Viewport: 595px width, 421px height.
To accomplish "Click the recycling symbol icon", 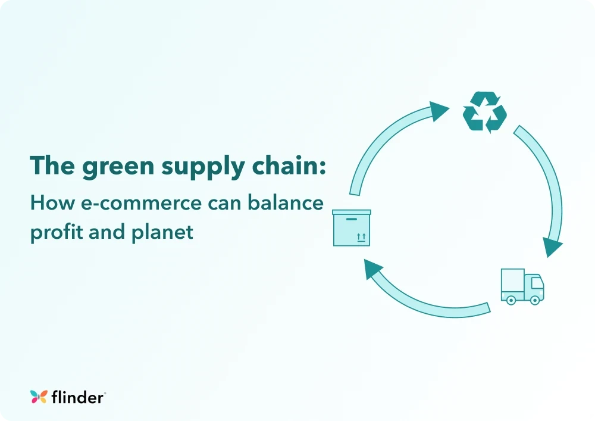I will [x=485, y=111].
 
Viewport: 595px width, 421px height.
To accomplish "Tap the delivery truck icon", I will [x=522, y=286].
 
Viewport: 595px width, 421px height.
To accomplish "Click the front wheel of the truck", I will [x=534, y=300].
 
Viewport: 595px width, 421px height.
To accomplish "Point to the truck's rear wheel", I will [x=510, y=300].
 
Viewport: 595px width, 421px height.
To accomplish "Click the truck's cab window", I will [x=535, y=282].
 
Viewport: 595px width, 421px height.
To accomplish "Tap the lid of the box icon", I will [x=352, y=212].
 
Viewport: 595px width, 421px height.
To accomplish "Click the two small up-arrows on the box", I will [x=361, y=237].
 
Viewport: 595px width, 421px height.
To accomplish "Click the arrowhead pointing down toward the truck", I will [x=553, y=246].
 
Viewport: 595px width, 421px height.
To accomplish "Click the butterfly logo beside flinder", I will [x=39, y=397].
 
